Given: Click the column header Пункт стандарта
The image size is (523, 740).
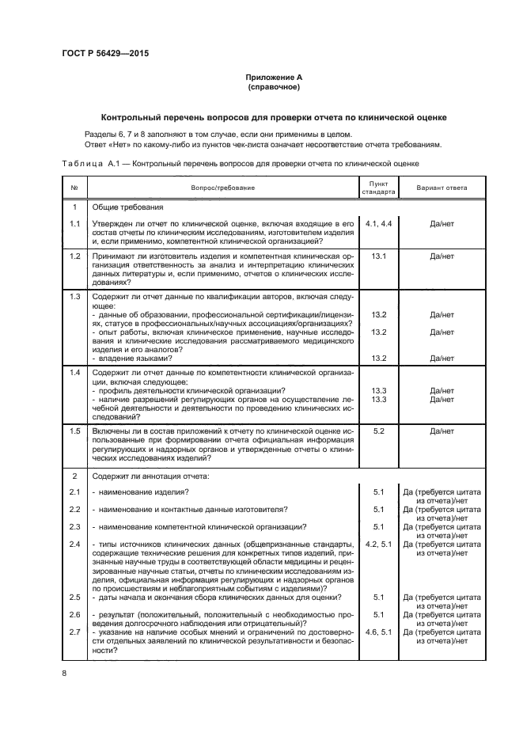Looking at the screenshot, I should click(378, 188).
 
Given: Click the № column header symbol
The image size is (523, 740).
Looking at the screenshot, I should click(74, 188).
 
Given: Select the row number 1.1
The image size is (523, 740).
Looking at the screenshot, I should click(75, 225).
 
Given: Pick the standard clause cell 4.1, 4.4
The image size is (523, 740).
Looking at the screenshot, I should click(378, 225).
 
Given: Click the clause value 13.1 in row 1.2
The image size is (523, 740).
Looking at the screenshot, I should click(378, 257).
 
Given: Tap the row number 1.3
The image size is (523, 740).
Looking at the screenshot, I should click(75, 296).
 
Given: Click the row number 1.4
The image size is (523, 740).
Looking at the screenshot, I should click(75, 372).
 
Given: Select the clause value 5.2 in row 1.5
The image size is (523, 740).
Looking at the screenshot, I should click(378, 431).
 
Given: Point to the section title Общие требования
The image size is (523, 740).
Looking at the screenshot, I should click(127, 207).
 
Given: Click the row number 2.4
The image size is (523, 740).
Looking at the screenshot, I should click(75, 545).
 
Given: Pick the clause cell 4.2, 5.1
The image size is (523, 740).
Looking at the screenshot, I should click(378, 545).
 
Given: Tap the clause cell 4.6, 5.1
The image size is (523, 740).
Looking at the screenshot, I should click(378, 631).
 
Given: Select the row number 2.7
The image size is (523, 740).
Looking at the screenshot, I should click(75, 631).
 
